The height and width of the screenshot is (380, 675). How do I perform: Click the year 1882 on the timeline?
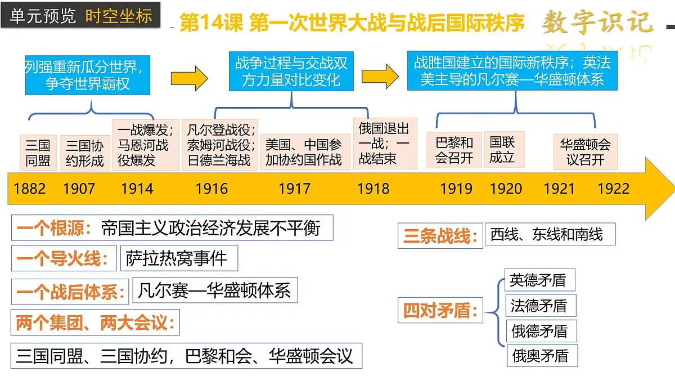30,188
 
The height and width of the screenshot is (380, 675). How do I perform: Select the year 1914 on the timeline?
137,188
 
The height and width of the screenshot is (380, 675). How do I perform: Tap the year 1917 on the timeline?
294,188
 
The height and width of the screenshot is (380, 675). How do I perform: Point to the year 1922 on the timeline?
613,188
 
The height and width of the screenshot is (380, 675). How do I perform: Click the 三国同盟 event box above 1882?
38,153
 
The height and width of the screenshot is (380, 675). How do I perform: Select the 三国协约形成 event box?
85,153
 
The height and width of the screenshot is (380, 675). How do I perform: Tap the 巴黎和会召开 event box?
454,150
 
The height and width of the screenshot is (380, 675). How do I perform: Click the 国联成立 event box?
502,149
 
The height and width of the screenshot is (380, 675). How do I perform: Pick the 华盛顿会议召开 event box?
585,151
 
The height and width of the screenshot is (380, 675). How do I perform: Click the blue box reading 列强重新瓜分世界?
87,75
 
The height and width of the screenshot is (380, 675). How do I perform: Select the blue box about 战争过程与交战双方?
291,71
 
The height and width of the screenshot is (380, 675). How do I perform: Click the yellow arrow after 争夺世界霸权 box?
189,78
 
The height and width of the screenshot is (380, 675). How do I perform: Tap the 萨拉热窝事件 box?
178,258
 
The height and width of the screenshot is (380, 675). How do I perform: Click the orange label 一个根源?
54,228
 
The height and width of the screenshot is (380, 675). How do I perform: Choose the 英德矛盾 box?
538,280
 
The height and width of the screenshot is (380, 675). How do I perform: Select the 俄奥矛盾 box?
541,356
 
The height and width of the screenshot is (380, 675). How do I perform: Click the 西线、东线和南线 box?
549,234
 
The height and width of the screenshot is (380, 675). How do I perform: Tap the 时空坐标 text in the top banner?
119,16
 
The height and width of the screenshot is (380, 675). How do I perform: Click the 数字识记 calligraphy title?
597,22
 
